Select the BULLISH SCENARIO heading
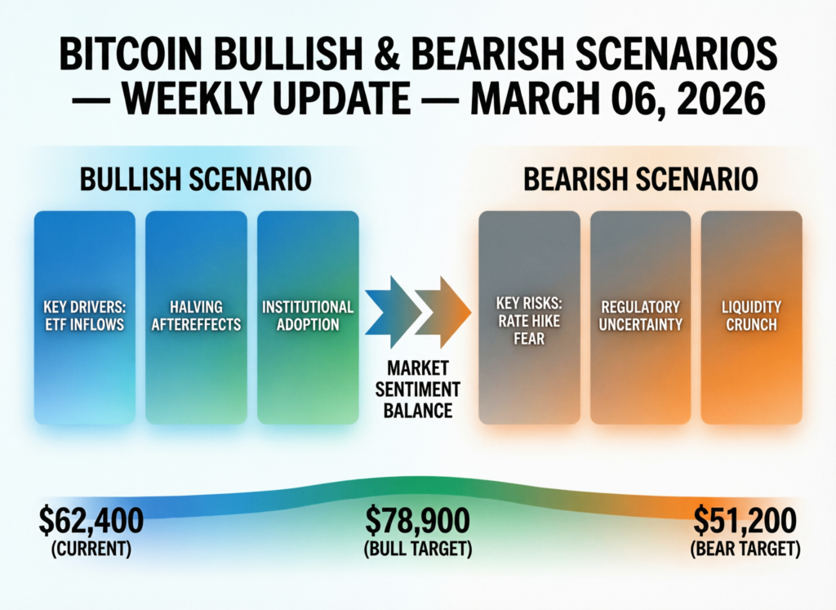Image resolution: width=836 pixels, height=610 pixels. pyautogui.click(x=195, y=180)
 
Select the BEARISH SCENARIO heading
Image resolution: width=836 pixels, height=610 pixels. pyautogui.click(x=640, y=180)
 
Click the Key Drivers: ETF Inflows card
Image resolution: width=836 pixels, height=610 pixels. pyautogui.click(x=85, y=318)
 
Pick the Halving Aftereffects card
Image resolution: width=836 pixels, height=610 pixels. pyautogui.click(x=196, y=318)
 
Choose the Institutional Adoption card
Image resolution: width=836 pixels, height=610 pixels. pyautogui.click(x=308, y=318)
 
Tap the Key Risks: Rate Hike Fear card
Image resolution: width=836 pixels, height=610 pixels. pyautogui.click(x=529, y=318)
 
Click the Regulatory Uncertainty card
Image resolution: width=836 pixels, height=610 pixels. pyautogui.click(x=641, y=318)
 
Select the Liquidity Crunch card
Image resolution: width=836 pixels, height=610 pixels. pyautogui.click(x=751, y=318)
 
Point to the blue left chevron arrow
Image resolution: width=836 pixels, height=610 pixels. pyautogui.click(x=391, y=311)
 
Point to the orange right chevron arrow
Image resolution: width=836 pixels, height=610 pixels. pyautogui.click(x=442, y=311)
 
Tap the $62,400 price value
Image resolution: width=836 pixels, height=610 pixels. pyautogui.click(x=91, y=519)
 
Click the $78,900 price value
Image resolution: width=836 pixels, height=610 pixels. pyautogui.click(x=418, y=519)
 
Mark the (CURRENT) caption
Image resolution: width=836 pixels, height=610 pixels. pyautogui.click(x=91, y=549)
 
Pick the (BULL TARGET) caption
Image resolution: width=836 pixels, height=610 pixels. pyautogui.click(x=418, y=549)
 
